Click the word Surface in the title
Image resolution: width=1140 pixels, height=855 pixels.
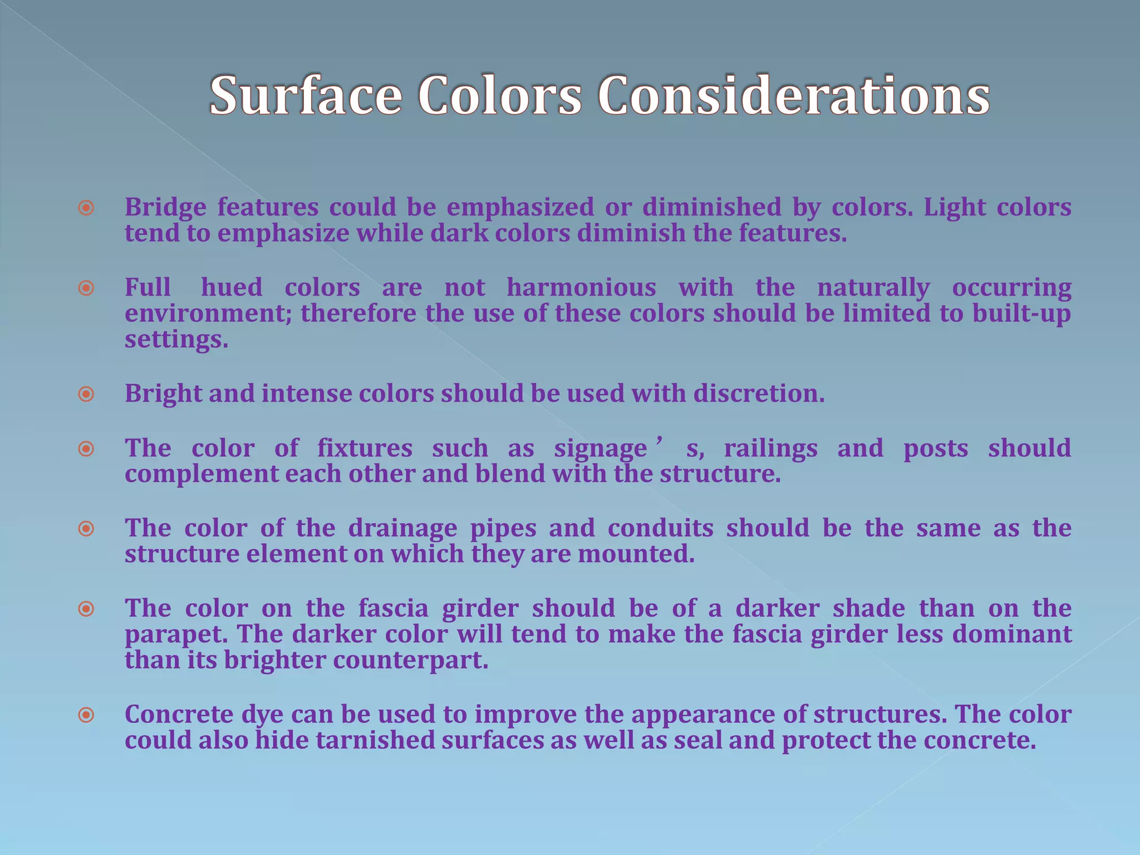click(306, 96)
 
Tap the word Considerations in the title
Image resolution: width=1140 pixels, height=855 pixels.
click(793, 96)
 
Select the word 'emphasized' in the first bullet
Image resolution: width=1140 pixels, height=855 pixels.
click(520, 207)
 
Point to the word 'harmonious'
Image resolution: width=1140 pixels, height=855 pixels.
click(581, 288)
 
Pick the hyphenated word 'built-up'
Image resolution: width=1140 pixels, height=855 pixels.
click(1021, 314)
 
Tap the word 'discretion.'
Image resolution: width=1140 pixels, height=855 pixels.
click(759, 394)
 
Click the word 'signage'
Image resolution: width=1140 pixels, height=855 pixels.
click(601, 449)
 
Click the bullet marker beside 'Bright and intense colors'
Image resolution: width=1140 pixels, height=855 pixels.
click(86, 395)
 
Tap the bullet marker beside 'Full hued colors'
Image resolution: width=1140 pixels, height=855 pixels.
click(86, 288)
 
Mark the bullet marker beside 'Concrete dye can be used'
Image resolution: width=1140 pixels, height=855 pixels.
click(86, 715)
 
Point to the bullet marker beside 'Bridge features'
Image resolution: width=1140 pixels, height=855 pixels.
click(86, 208)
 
